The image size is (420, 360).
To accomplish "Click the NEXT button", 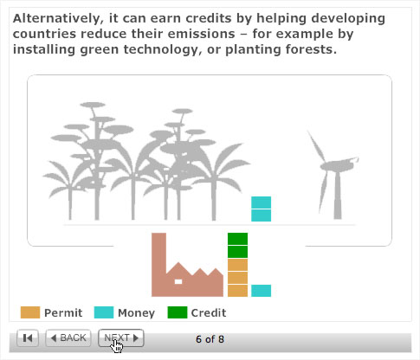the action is click(121, 337).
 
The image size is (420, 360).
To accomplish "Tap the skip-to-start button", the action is click(28, 337).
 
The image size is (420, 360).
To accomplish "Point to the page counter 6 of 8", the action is click(210, 339).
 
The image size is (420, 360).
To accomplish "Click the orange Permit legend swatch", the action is click(30, 312).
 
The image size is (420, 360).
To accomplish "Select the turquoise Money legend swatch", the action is click(104, 312).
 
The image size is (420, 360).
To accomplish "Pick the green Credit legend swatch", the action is click(178, 312).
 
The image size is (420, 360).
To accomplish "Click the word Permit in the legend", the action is click(63, 312).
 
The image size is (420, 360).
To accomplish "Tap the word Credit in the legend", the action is click(209, 312).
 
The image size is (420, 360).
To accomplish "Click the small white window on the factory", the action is click(178, 281).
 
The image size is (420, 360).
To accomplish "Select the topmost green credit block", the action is click(237, 239).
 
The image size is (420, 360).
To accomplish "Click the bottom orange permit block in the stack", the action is click(237, 291).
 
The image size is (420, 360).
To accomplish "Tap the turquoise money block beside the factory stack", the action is click(261, 291).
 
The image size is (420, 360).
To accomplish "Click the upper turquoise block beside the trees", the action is click(261, 202).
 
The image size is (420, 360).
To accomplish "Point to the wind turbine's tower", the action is click(338, 196).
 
